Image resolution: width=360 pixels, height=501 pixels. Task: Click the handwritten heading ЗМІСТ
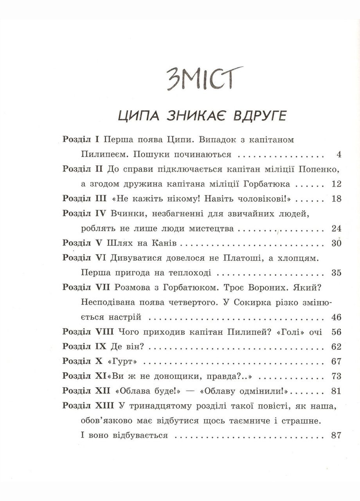[203, 78]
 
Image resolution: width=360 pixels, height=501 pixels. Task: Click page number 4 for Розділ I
[339, 155]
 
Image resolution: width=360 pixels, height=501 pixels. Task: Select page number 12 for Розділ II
[337, 184]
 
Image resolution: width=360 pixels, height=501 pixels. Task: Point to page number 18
[337, 199]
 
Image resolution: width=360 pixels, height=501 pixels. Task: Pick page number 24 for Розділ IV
[337, 229]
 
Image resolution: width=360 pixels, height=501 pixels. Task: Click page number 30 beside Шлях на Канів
[337, 243]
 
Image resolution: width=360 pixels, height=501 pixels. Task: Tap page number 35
[337, 273]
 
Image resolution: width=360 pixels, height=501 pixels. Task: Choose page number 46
[337, 317]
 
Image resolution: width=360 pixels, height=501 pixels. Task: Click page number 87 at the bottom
[337, 435]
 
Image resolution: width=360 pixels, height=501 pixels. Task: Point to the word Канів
[165, 243]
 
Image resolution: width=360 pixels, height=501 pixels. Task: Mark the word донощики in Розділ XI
[174, 376]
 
